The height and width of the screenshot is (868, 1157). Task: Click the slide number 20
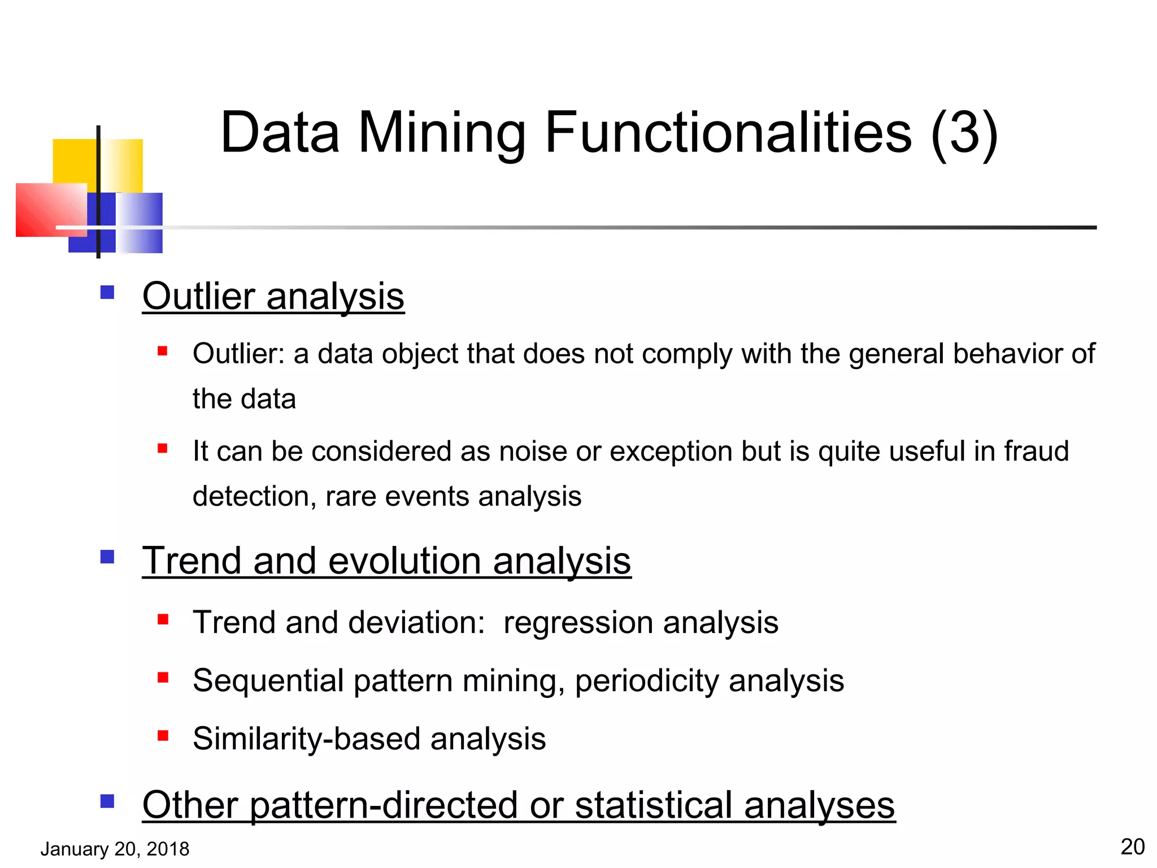[1132, 847]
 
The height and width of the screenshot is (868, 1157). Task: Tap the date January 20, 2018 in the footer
[115, 849]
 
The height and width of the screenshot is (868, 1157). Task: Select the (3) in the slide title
[964, 133]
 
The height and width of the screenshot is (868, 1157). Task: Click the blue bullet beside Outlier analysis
[107, 292]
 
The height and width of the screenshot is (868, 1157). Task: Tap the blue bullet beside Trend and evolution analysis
[107, 557]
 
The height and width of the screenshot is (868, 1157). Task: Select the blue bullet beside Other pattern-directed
[107, 801]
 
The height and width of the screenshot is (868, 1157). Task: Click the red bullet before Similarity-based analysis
[163, 735]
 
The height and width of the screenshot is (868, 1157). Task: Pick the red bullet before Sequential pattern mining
[163, 677]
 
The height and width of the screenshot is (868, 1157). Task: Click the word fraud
[1036, 451]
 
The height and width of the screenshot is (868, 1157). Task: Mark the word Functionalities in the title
[728, 133]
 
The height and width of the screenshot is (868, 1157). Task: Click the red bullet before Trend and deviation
[163, 619]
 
